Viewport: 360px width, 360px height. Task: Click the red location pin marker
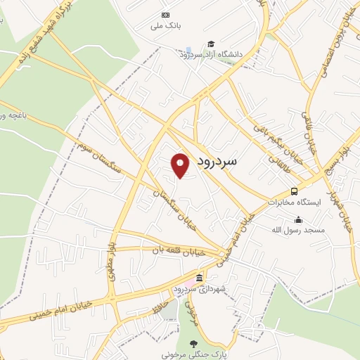point(180,165)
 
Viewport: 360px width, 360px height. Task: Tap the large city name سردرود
point(216,161)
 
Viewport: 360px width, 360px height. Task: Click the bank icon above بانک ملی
point(165,15)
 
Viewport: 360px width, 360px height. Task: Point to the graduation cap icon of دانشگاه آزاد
point(211,44)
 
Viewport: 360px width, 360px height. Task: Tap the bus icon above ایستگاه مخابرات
point(293,191)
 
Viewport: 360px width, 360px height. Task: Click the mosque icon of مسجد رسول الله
point(299,219)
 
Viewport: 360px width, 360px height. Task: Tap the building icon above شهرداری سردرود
point(200,277)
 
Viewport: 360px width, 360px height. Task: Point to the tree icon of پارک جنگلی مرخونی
point(193,344)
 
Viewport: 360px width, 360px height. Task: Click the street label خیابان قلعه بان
point(169,249)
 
